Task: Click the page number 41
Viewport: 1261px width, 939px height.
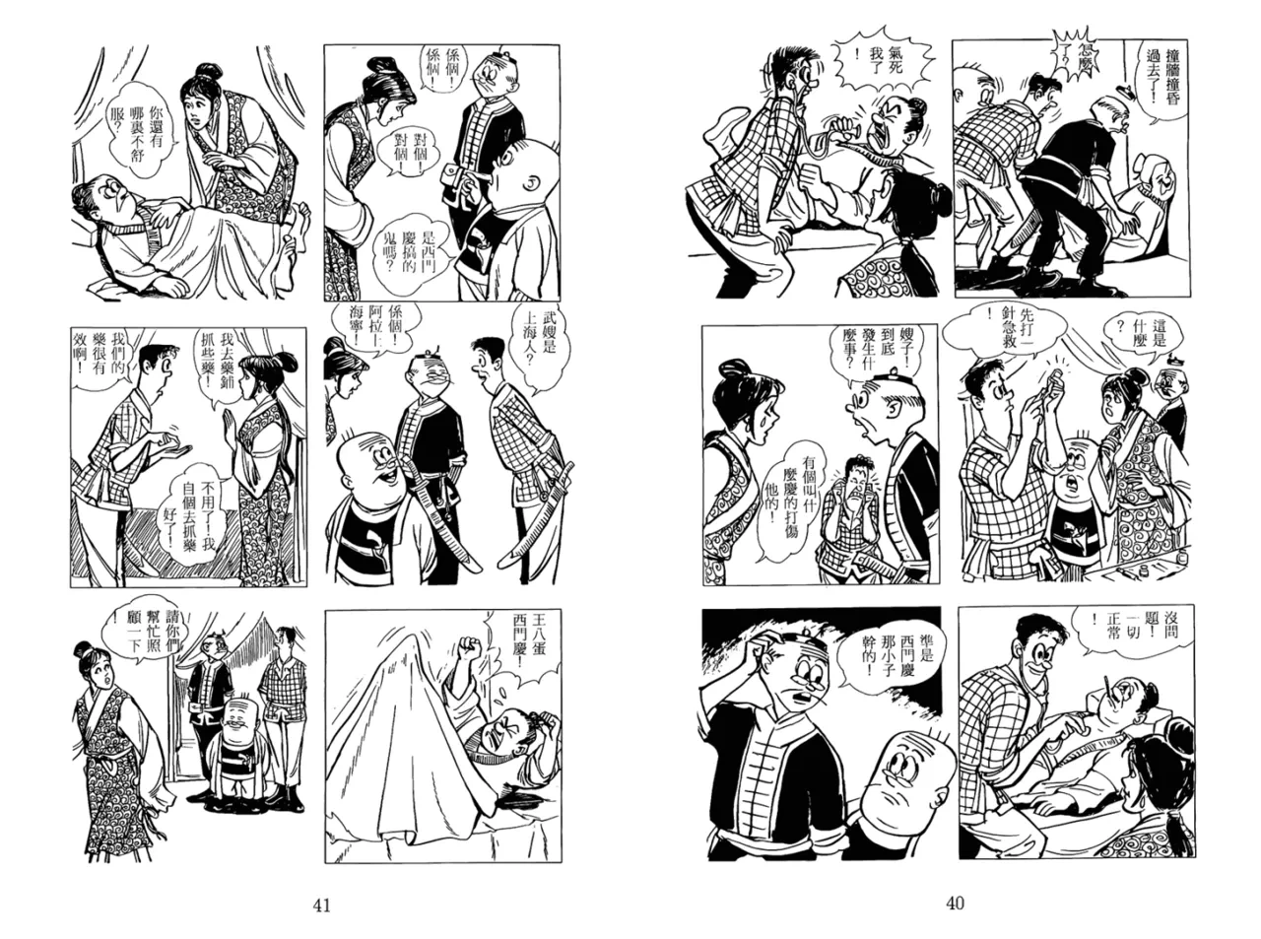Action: click(x=322, y=905)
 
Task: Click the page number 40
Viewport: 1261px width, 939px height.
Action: click(x=955, y=904)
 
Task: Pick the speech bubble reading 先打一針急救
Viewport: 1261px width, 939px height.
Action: click(x=1005, y=329)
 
